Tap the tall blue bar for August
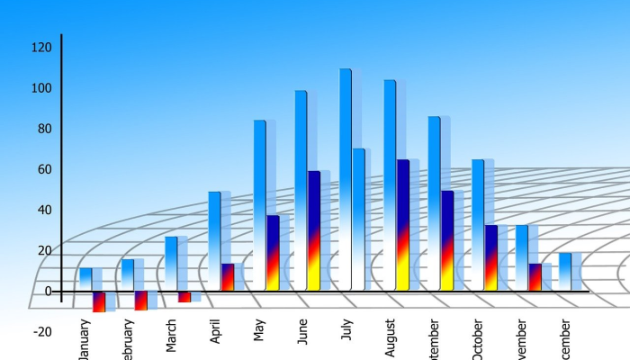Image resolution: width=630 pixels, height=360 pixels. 390,184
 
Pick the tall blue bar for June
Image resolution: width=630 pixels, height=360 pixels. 301,189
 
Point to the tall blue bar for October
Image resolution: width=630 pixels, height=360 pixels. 478,224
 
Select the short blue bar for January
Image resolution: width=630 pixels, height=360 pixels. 85,279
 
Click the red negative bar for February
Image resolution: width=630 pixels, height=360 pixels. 141,301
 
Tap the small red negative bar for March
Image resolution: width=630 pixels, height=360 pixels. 184,296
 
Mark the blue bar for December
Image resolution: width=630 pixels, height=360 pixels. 564,271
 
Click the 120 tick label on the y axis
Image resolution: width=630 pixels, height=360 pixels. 41,47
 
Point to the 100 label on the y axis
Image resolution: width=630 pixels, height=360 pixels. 41,88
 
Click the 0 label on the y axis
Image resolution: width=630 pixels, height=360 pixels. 49,291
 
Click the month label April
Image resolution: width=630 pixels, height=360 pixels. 216,333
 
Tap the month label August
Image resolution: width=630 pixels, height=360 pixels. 390,337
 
